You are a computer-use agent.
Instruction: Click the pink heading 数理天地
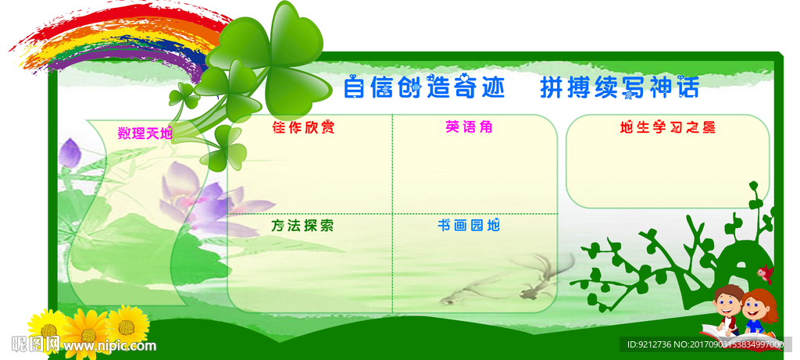point(145,134)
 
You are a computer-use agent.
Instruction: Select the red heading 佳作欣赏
point(304,127)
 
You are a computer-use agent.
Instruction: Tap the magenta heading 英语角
point(469,127)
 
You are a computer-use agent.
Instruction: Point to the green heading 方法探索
point(302,226)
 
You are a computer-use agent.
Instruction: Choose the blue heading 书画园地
point(469,225)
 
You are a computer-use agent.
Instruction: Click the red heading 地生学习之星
point(667,127)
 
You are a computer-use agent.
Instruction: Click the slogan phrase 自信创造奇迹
point(423,87)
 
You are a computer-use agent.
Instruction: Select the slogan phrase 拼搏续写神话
point(619,87)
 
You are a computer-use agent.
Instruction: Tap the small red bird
point(765,273)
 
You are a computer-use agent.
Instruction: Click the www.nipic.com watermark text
point(109,346)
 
